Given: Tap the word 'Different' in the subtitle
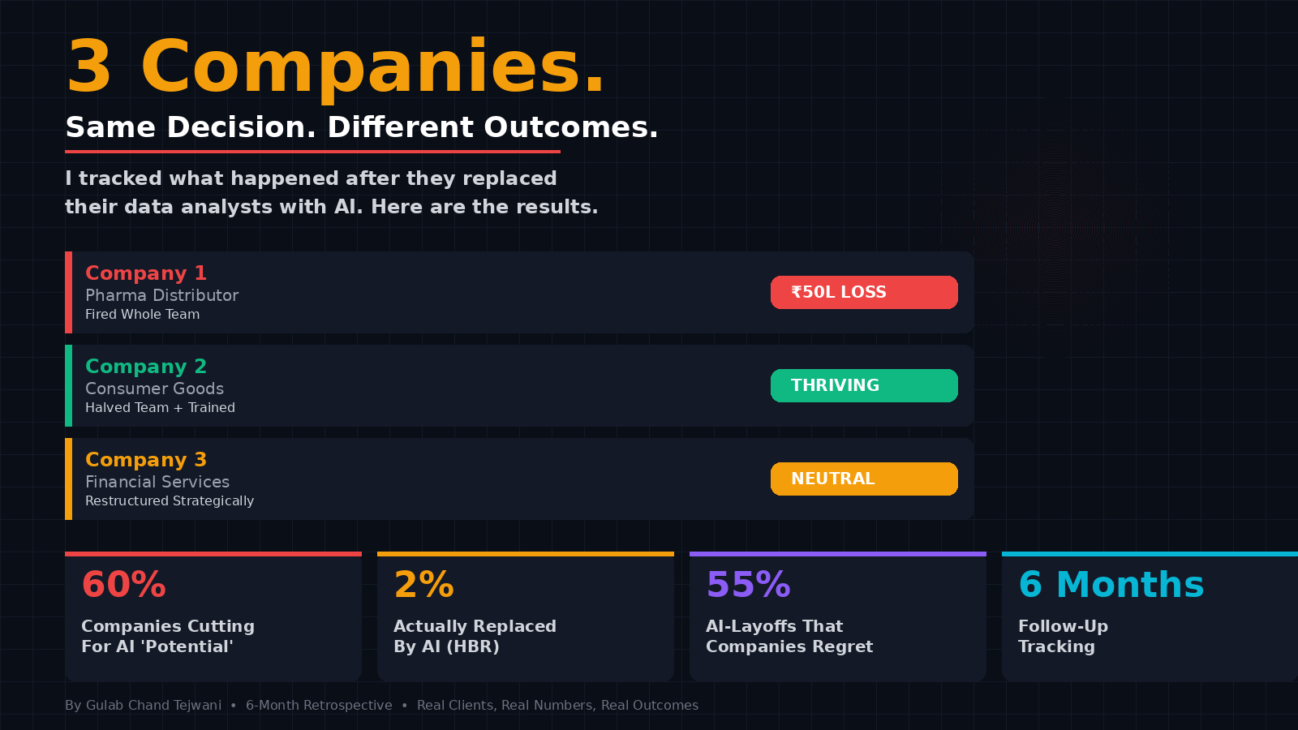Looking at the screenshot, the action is coord(401,127).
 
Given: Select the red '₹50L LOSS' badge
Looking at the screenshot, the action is coord(864,292).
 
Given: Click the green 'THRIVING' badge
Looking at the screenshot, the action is coord(864,385).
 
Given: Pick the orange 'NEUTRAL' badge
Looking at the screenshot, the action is coord(864,479).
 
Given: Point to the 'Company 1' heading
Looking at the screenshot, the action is coord(146,273).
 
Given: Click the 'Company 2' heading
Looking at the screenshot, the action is coord(146,366).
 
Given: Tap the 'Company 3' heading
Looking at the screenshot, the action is coord(146,459).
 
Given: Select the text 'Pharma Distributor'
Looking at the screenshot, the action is coord(161,295).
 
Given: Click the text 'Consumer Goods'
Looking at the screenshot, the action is coord(154,389).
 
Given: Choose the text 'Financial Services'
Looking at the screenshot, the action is coord(157,482).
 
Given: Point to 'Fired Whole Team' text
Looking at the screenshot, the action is coord(142,315).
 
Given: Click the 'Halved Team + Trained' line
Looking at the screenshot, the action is coord(160,408).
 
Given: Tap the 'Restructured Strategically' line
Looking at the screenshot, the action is coord(170,501).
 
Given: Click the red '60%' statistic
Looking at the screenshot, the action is coord(124,585).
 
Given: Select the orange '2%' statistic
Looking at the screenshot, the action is coord(424,585).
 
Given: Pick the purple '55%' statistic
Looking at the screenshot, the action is coord(749,585).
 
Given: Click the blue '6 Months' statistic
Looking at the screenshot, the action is coord(1111,585).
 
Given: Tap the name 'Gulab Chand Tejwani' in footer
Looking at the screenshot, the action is coord(153,705).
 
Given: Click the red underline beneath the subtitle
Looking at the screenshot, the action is coord(312,152).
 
